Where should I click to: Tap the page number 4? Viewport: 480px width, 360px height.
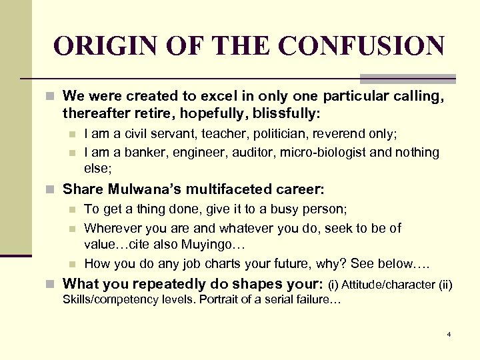click(x=449, y=333)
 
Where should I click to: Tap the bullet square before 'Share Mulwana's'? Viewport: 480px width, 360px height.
click(x=55, y=190)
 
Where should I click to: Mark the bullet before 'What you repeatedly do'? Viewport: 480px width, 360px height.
click(x=55, y=284)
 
